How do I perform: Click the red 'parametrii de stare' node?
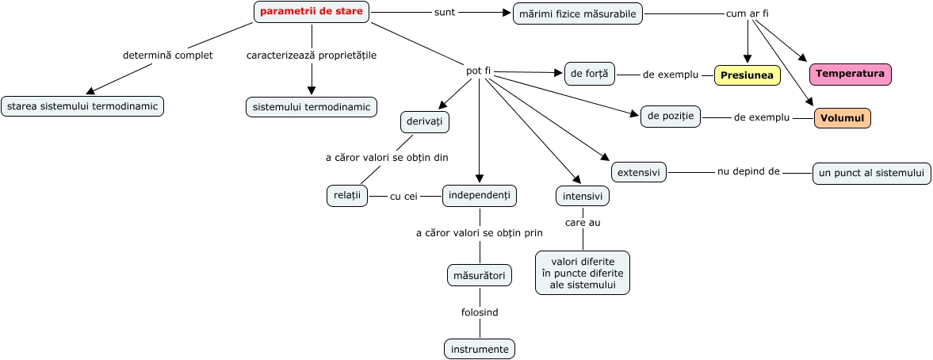coord(312,12)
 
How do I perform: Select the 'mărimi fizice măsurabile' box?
coord(578,13)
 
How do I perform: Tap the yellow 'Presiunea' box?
coord(747,75)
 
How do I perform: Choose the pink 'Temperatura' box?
coord(850,74)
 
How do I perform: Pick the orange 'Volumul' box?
coord(842,118)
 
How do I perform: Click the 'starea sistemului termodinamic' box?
coord(82,106)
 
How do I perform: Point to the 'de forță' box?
coord(589,74)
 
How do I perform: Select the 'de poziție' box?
coord(671,117)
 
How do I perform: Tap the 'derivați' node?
coord(425,122)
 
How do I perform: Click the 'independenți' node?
coord(480,195)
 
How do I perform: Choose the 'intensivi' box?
coord(583,196)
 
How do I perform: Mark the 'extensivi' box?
coord(639,171)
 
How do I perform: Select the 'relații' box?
coord(347,196)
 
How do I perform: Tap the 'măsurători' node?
coord(479,275)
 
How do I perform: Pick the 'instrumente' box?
coord(480,349)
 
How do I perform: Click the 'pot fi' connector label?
coord(479,71)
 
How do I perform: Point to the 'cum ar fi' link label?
coord(748,13)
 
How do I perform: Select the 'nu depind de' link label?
coord(749,170)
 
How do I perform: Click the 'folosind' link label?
coord(480,312)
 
